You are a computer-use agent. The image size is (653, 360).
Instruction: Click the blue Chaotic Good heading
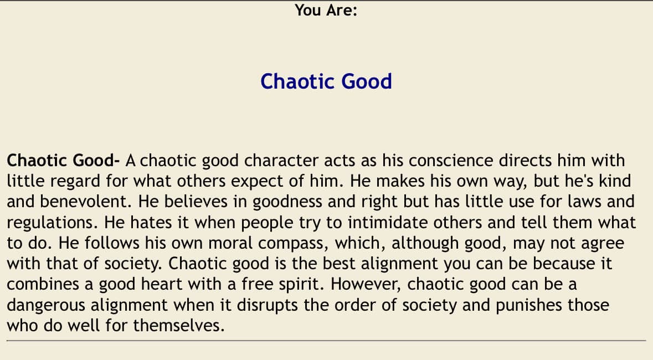pos(326,81)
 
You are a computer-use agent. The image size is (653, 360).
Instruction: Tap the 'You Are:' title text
pos(326,10)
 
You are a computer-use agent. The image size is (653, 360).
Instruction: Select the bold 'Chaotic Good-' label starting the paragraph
pos(63,161)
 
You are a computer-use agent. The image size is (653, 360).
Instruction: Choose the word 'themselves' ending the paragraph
pos(179,325)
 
